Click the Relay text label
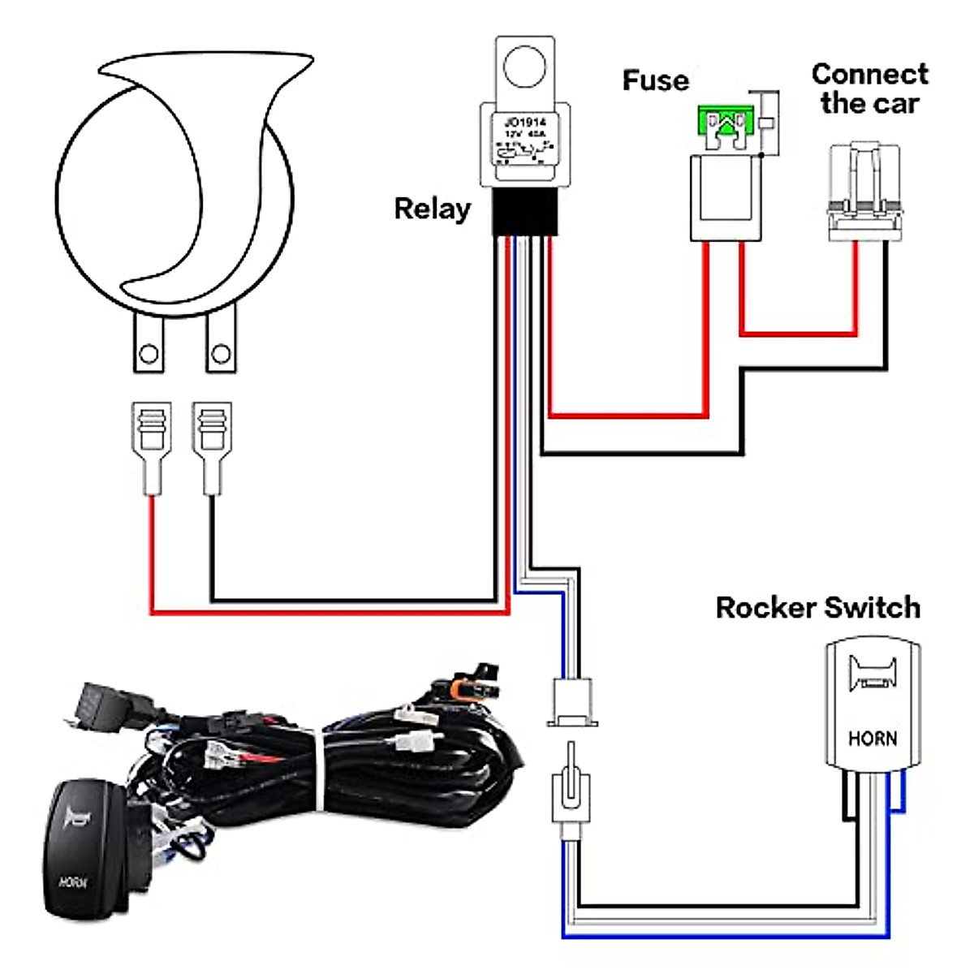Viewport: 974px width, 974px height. [x=432, y=209]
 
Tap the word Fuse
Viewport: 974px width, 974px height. [x=655, y=80]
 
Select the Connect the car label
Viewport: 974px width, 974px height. [x=869, y=88]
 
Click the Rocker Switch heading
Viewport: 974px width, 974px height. [x=817, y=607]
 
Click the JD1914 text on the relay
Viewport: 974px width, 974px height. [x=525, y=122]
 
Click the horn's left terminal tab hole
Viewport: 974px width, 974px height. [x=149, y=354]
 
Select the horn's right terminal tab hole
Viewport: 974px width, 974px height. [x=221, y=354]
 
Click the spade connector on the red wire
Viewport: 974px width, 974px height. [x=151, y=446]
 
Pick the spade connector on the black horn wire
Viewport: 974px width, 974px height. [x=212, y=446]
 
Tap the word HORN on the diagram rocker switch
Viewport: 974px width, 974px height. [x=873, y=739]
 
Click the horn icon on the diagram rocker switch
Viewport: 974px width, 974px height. [x=873, y=675]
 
